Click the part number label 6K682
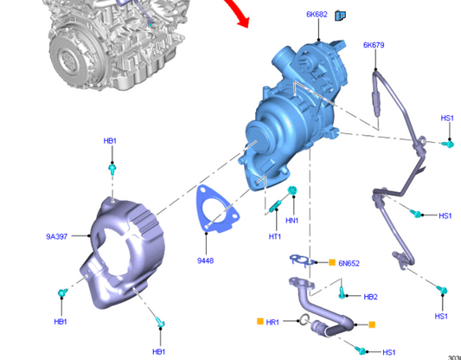pos(317,15)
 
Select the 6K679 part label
pos(374,45)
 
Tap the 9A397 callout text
pos(57,235)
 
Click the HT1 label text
pos(275,235)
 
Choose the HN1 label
pos(292,220)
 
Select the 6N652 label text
pos(349,262)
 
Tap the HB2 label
pos(370,297)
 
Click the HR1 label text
pos(272,322)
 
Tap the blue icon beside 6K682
pos(340,15)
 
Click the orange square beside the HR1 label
pos(259,322)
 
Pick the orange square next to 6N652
pos(331,261)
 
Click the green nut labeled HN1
pos(293,190)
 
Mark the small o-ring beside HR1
pos(303,323)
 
